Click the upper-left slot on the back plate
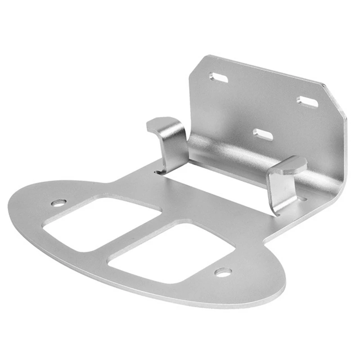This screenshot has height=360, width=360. point(218,78)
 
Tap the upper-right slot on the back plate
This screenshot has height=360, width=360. point(307,102)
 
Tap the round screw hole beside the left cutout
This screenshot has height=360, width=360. point(58,203)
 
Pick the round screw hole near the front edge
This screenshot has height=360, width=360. point(223,272)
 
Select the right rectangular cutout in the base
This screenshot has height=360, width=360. point(171,254)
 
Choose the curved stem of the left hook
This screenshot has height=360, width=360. point(173,148)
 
